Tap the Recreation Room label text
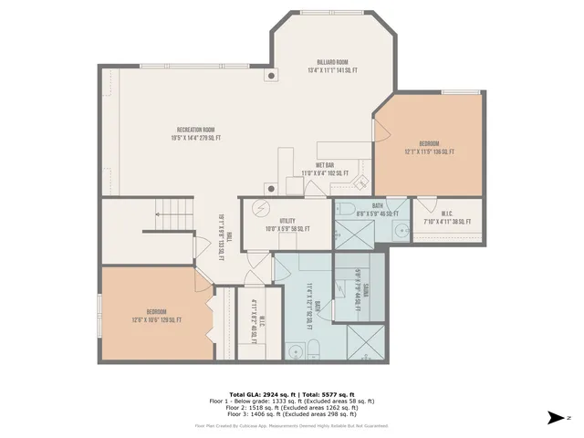click(x=195, y=133)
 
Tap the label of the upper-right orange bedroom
click(x=429, y=148)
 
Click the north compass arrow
click(x=556, y=418)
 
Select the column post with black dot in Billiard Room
click(x=271, y=76)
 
